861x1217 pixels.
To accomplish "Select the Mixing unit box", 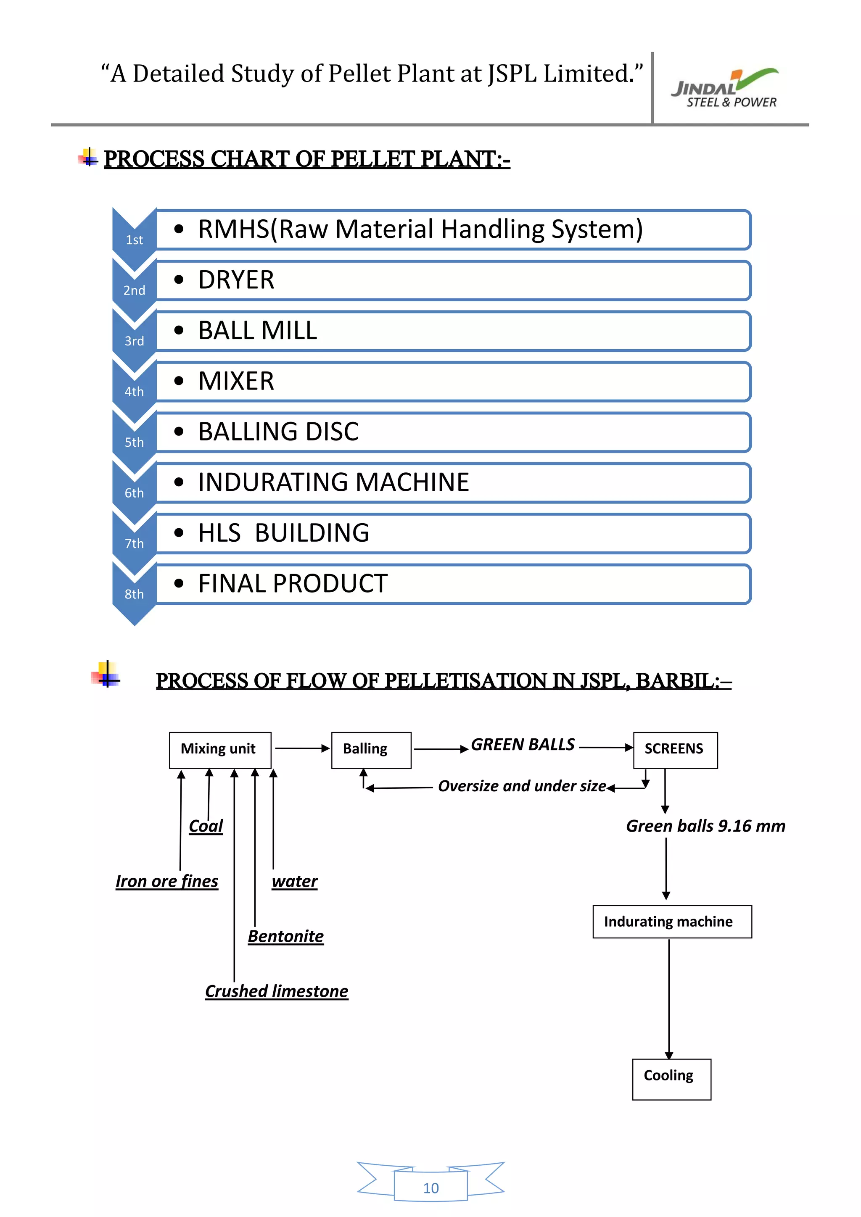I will coord(219,750).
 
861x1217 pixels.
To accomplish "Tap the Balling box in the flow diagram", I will coord(370,750).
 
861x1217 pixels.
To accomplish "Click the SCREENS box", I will coord(675,750).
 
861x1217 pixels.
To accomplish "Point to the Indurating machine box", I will coord(672,921).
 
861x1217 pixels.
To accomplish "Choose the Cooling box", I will coord(671,1079).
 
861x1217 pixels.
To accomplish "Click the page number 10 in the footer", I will coord(430,1188).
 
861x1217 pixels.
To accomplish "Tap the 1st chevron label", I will coord(134,240).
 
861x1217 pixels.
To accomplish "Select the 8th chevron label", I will coord(134,594).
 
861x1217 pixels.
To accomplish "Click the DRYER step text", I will coord(236,280).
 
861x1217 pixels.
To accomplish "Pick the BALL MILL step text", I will coord(258,331).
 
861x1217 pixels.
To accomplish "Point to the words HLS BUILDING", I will coord(284,533).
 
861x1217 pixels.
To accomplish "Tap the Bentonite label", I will coord(286,936).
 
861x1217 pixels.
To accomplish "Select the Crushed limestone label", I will coord(276,991).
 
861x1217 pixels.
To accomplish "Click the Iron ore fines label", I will coord(167,881).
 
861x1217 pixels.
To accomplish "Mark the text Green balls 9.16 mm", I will coord(705,826).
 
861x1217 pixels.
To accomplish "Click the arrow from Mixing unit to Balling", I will coord(301,748).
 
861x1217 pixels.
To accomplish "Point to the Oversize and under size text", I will coord(522,786).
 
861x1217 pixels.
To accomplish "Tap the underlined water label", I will coord(295,881).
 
